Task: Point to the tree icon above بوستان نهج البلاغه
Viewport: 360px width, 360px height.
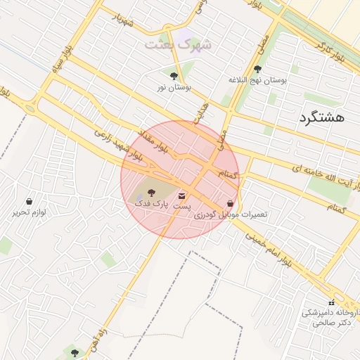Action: coord(257,69)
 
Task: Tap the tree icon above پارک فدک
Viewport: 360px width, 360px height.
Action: coord(153,192)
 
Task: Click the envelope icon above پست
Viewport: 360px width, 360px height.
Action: coord(183,195)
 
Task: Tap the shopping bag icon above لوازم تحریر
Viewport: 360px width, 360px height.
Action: coord(28,201)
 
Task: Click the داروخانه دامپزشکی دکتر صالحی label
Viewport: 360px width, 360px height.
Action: coord(330,317)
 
